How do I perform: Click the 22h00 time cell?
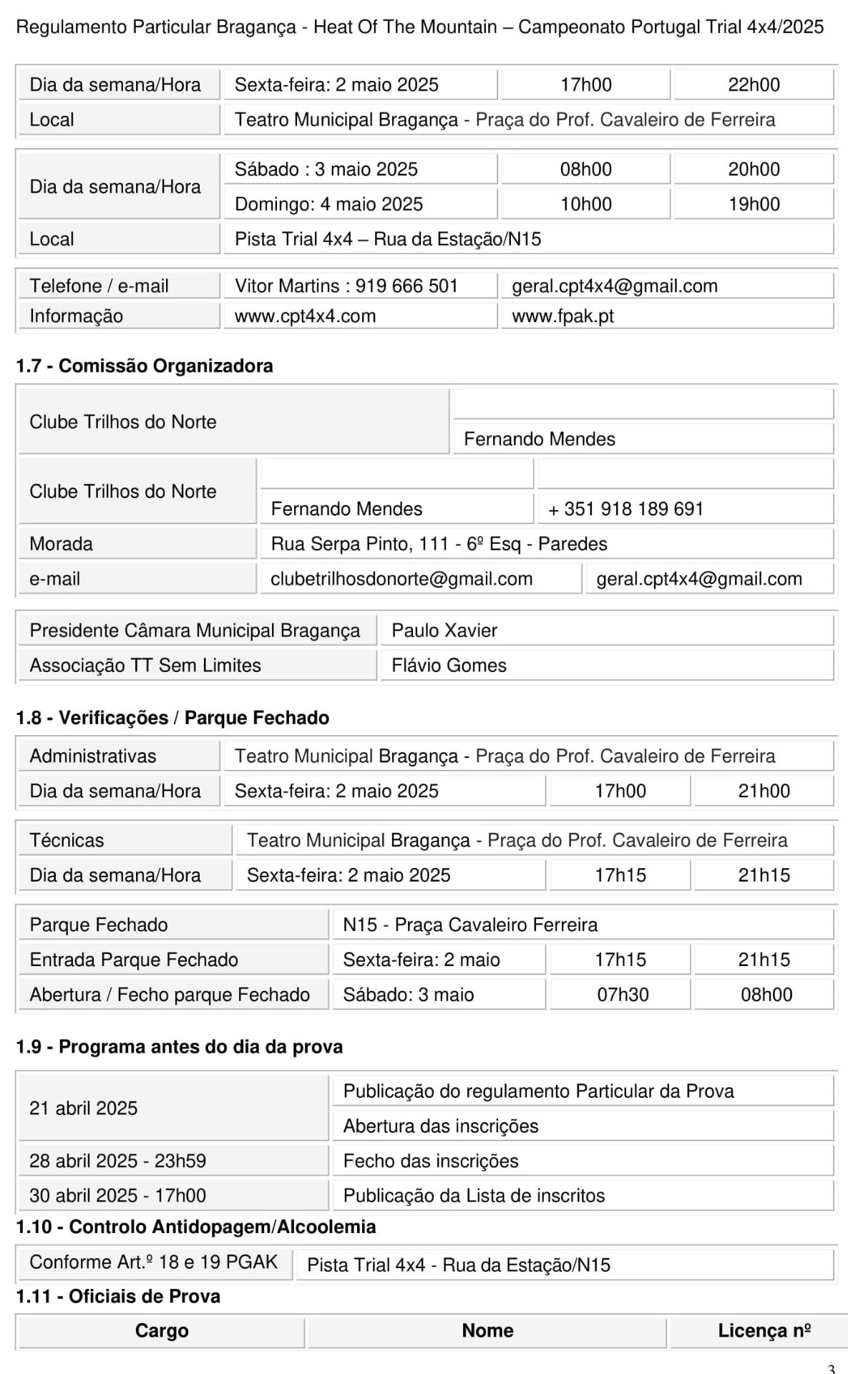(754, 84)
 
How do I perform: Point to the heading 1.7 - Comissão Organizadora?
(145, 366)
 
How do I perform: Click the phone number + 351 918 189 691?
(626, 509)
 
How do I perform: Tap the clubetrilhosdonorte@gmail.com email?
(401, 579)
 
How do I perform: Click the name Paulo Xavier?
(444, 630)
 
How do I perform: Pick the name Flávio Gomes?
(449, 666)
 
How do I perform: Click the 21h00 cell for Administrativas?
(764, 791)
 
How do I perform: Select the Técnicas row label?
(67, 840)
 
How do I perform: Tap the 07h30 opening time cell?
(623, 995)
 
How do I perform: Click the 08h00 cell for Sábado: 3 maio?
(766, 995)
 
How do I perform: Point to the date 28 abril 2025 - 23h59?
(117, 1161)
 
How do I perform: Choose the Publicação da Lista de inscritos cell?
(474, 1196)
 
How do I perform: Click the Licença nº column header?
(764, 1330)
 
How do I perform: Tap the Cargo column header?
(162, 1330)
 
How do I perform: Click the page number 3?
(831, 1368)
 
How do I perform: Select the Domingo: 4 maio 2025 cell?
(328, 204)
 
